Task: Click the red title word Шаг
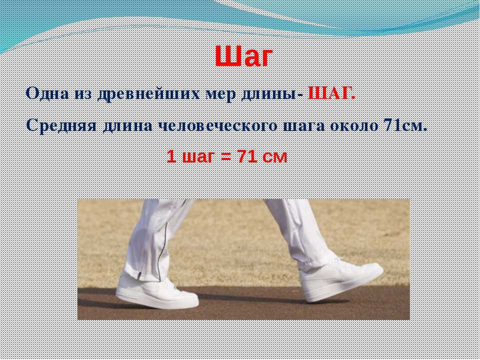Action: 243,56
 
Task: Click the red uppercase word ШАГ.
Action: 331,93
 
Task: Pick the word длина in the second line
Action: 127,126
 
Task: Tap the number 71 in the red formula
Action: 247,156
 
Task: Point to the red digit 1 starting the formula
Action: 171,156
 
